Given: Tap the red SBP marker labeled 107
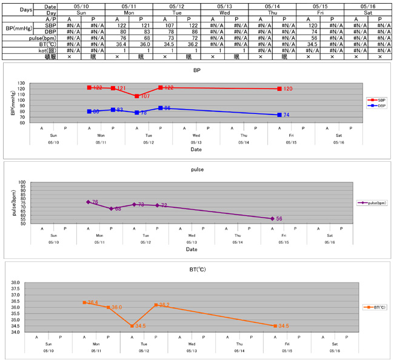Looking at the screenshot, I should point(137,96).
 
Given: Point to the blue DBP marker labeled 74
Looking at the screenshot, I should point(279,115).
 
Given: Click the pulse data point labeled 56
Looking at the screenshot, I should point(272,219).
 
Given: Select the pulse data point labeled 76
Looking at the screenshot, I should point(88,202).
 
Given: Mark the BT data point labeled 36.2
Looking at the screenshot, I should point(156,305).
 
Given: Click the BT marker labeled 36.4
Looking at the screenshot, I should point(84,302).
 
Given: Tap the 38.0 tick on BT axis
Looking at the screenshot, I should point(16,283).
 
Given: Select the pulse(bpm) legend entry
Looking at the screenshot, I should point(372,203).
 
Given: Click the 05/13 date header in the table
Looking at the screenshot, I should point(224,5).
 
